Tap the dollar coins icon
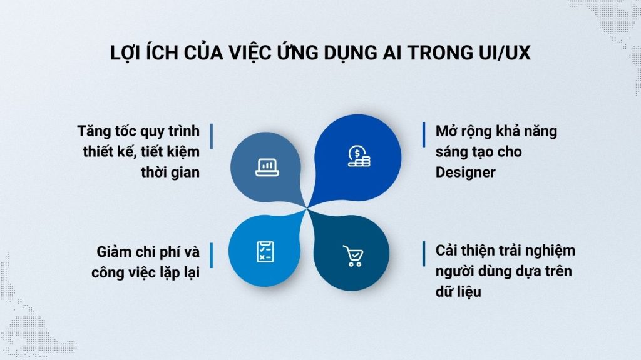[x=358, y=156]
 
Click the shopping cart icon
[x=353, y=256]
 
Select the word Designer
[x=465, y=172]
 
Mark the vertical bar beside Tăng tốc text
[x=211, y=134]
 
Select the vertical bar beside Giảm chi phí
[x=211, y=252]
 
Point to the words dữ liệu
[x=461, y=291]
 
